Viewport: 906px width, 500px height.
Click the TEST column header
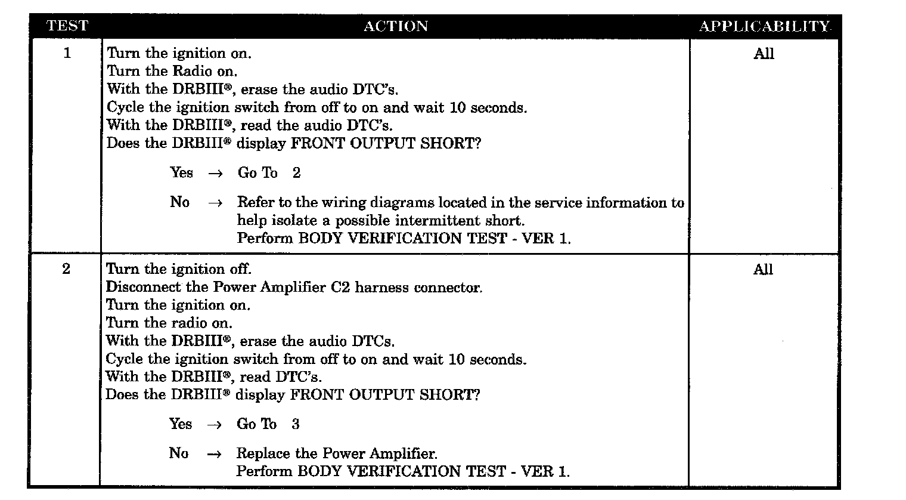[67, 26]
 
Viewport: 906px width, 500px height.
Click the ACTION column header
[395, 26]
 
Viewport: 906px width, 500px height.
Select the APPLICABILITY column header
[764, 26]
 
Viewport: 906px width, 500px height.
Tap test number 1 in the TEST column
[67, 53]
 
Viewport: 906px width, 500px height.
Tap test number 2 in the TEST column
[66, 268]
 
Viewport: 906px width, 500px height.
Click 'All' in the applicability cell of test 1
[764, 54]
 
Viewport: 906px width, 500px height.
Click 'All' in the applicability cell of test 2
[763, 270]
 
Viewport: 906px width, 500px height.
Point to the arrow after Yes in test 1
[215, 174]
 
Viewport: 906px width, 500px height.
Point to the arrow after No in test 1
[215, 203]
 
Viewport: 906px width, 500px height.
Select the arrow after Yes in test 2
[214, 425]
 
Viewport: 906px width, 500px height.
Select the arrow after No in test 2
[214, 454]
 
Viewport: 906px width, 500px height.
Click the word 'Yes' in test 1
[182, 173]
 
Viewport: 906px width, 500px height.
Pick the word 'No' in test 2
[178, 453]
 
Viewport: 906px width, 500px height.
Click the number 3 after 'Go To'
[296, 424]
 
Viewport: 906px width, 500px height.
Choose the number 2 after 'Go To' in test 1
[297, 173]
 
